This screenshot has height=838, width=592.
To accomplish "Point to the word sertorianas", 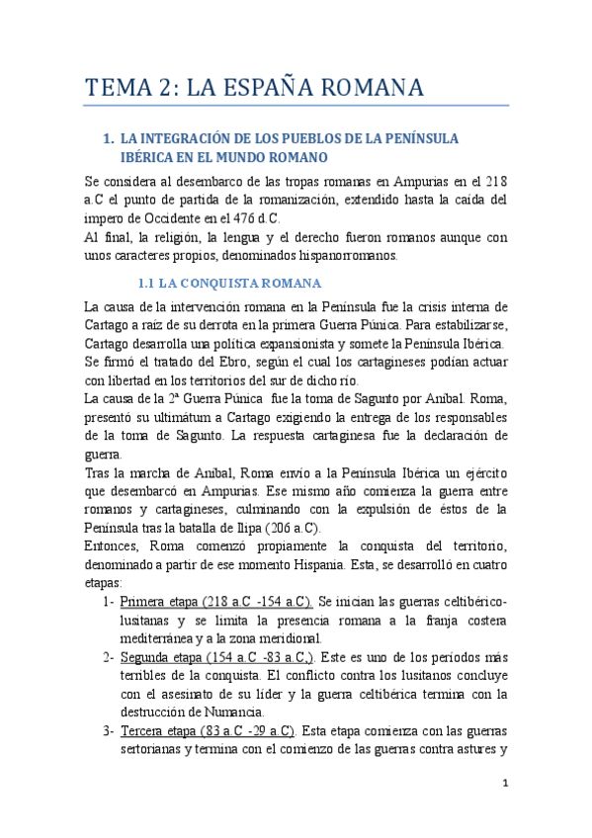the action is click(x=159, y=750).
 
